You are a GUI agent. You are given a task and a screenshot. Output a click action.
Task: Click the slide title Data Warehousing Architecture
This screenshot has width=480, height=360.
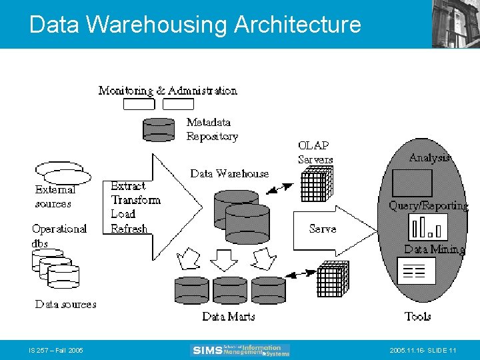[x=195, y=25]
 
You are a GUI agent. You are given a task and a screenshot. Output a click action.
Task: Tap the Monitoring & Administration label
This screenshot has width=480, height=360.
[x=167, y=90]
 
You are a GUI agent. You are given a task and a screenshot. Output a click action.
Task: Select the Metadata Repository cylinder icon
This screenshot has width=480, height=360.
[x=159, y=129]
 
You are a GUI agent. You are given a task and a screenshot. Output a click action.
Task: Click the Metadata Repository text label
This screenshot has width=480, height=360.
[x=211, y=129]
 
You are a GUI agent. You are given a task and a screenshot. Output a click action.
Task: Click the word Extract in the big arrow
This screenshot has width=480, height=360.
[x=128, y=186]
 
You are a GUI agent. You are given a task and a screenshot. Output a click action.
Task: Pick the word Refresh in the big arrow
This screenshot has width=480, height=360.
[x=129, y=229]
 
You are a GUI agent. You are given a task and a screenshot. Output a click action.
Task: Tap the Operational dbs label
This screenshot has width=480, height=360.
[x=59, y=235]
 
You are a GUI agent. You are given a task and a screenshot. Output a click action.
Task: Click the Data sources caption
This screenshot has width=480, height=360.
[x=65, y=304]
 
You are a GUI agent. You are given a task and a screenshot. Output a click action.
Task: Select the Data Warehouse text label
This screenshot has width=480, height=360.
[x=229, y=173]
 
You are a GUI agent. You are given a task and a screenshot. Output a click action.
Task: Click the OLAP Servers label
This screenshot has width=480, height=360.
[x=315, y=152]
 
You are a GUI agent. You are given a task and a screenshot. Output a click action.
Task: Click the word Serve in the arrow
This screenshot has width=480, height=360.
[x=323, y=229]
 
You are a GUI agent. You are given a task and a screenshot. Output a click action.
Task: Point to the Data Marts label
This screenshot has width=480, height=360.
[x=228, y=317]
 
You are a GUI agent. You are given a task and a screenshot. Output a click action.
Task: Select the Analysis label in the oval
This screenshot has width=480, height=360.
[x=429, y=157]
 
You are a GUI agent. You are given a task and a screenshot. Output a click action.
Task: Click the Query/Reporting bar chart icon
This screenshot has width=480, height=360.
[x=427, y=228]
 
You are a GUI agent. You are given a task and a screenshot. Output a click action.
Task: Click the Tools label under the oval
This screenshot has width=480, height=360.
[x=417, y=316]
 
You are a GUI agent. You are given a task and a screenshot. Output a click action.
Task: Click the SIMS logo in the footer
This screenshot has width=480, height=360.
[x=240, y=350]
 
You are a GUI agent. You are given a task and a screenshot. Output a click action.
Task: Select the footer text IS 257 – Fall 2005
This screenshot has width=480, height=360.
[x=56, y=350]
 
